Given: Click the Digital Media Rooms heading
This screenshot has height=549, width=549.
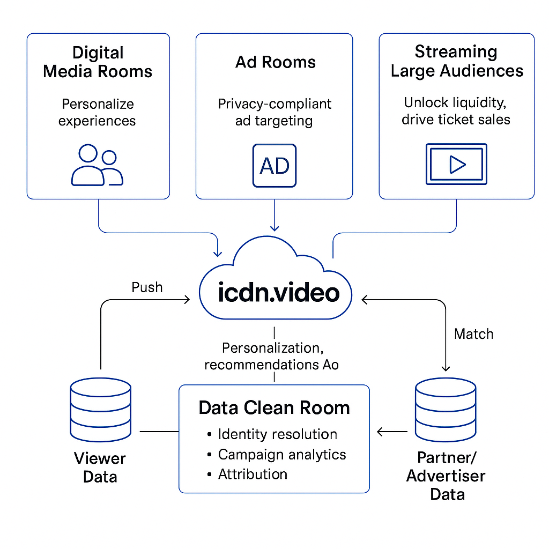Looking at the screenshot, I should (x=98, y=62).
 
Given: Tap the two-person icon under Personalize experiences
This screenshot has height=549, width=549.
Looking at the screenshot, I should (x=97, y=166).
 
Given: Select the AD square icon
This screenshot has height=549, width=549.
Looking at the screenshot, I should (x=274, y=166).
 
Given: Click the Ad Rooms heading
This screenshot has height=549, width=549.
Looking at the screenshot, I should (x=275, y=62).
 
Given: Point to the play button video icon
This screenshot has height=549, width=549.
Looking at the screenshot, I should (x=456, y=164).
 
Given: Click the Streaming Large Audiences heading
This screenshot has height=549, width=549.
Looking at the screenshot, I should (x=457, y=62).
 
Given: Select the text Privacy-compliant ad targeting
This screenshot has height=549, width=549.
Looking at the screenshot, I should (x=274, y=112).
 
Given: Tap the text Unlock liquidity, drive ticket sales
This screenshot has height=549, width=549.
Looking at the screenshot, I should (x=456, y=110).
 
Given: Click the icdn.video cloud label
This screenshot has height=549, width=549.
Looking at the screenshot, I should (x=279, y=293).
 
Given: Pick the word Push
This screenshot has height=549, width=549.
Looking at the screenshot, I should (x=147, y=287).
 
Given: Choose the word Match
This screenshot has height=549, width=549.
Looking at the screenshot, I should (x=473, y=334).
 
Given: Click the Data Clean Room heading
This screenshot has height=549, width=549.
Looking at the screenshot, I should (x=274, y=408).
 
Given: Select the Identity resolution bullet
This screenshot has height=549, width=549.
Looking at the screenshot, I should (x=277, y=434).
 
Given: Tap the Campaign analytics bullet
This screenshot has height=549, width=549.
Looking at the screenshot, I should (x=281, y=455).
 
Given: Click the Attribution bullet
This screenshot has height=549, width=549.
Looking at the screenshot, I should (x=253, y=474).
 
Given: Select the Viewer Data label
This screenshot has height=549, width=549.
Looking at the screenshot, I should (x=100, y=468).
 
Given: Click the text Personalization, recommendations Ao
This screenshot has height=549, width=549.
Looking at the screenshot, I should (x=272, y=357).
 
